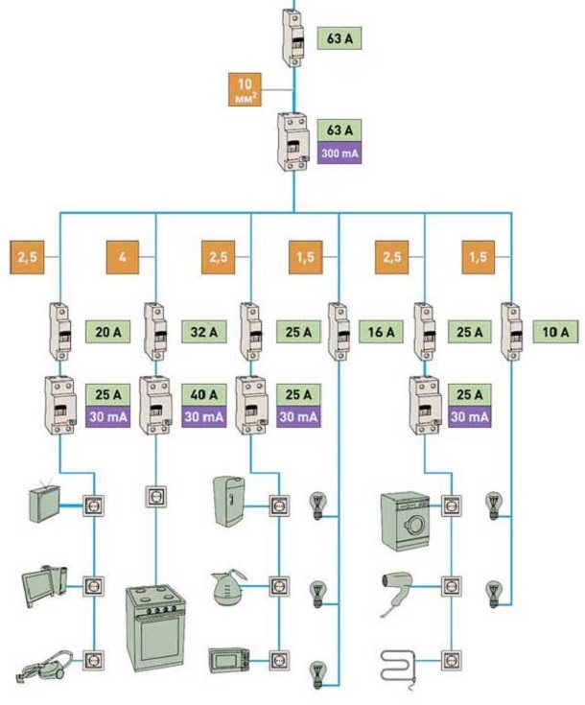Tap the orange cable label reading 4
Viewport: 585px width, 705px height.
122,257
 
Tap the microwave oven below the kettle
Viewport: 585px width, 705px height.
231,660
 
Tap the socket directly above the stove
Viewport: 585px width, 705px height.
154,496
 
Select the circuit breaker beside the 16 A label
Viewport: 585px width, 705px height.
339,331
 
